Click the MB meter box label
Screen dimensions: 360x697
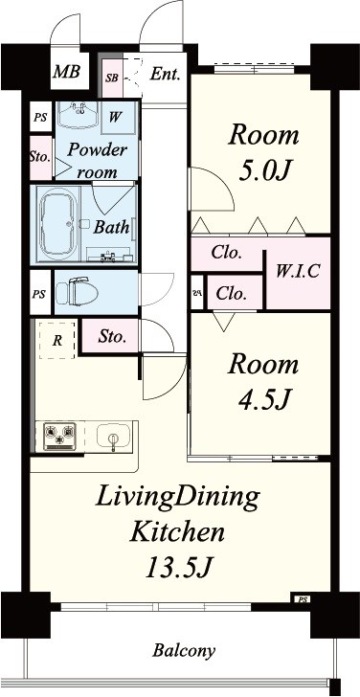[x=66, y=71]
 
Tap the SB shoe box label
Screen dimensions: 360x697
[x=112, y=78]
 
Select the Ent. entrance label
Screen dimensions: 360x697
[x=165, y=74]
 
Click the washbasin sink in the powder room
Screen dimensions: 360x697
[x=79, y=115]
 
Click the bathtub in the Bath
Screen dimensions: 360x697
[x=59, y=224]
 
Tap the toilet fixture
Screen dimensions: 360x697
[x=77, y=291]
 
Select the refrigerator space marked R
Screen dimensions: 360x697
[x=56, y=341]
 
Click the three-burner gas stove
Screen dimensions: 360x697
[x=60, y=436]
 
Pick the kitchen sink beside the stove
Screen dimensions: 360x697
[x=113, y=436]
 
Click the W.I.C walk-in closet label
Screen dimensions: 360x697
[x=298, y=271]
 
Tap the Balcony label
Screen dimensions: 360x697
[x=184, y=651]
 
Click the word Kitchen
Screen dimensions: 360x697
[x=177, y=531]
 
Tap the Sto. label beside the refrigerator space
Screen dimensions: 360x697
[x=112, y=336]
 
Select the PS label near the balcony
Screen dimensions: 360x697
[x=303, y=600]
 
